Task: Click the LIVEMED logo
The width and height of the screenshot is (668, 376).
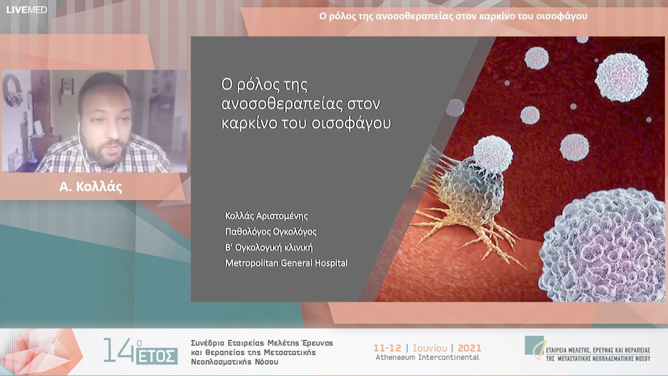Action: pyautogui.click(x=27, y=10)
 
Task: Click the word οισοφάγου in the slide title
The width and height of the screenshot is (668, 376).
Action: pyautogui.click(x=353, y=122)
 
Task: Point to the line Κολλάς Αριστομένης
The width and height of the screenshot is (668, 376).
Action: pyautogui.click(x=267, y=216)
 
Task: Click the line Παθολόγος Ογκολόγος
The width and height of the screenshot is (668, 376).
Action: pyautogui.click(x=271, y=232)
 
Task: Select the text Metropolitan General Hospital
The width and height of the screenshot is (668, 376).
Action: pyautogui.click(x=286, y=263)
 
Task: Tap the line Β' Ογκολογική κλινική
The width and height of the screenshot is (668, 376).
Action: pyautogui.click(x=269, y=247)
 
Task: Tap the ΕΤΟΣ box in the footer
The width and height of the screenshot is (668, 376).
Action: pyautogui.click(x=163, y=356)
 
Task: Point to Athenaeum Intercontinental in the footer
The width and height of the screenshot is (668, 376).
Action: pyautogui.click(x=427, y=357)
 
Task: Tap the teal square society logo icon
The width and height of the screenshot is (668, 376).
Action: pyautogui.click(x=534, y=344)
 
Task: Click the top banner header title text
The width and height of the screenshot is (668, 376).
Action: pyautogui.click(x=453, y=16)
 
